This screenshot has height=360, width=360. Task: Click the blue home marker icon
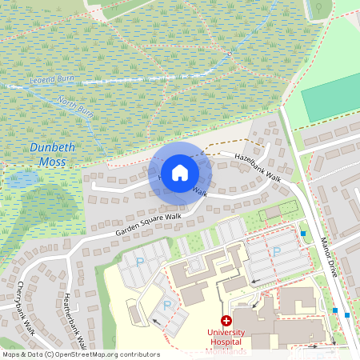(180, 172)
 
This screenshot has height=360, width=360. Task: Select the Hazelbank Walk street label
(256, 165)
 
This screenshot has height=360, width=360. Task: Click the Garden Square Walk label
(148, 223)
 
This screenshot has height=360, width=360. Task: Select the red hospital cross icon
(226, 320)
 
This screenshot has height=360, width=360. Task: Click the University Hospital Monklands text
(226, 337)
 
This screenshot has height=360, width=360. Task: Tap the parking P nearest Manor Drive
(277, 250)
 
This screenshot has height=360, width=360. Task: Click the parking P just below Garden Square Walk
(141, 262)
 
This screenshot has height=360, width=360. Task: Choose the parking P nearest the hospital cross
(167, 305)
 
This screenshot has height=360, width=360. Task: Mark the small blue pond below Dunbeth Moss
(22, 180)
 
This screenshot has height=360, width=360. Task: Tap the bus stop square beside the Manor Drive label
(303, 234)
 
